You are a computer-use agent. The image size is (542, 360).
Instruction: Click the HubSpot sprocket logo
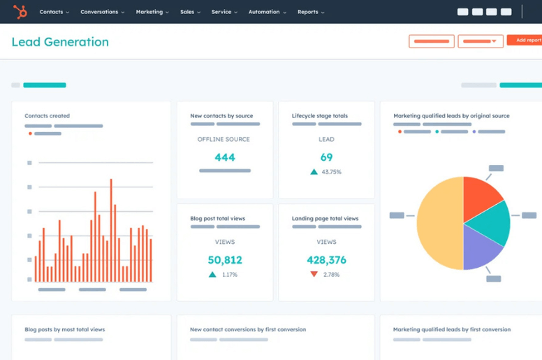click(x=20, y=12)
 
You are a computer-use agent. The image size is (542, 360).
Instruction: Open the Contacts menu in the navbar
click(x=54, y=12)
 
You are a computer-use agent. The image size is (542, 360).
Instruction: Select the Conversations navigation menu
click(x=102, y=12)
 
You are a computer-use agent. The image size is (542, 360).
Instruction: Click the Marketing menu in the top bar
click(x=152, y=12)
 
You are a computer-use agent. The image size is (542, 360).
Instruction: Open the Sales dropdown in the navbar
click(x=190, y=12)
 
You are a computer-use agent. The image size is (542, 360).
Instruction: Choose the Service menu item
click(x=224, y=12)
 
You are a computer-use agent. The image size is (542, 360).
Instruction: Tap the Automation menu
click(x=267, y=12)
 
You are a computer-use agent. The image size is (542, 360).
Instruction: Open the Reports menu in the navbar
click(x=311, y=12)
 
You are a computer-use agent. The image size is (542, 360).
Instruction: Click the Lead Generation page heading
click(x=60, y=42)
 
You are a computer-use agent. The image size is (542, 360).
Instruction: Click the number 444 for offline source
click(x=225, y=157)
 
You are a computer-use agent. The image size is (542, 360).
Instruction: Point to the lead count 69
click(x=326, y=157)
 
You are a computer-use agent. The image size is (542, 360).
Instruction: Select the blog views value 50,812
click(x=225, y=260)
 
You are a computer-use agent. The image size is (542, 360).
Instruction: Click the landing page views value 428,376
click(x=326, y=260)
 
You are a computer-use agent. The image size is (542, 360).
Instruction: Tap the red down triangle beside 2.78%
click(x=314, y=275)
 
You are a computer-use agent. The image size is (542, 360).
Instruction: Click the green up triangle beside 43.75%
click(x=314, y=172)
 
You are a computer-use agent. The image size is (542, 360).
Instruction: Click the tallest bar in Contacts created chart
click(x=111, y=231)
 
